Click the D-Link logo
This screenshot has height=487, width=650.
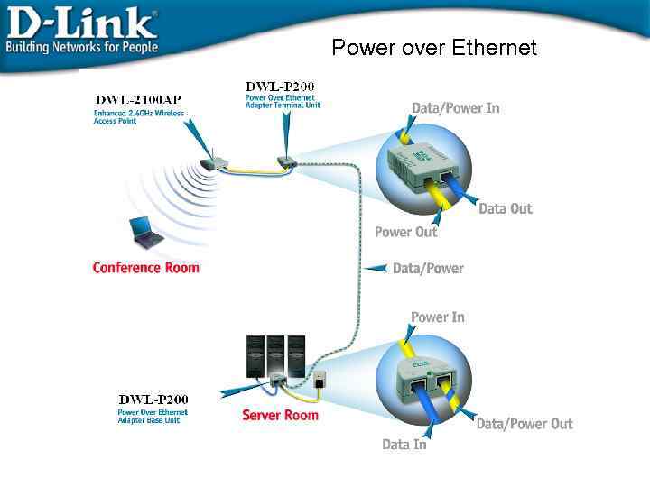(81, 20)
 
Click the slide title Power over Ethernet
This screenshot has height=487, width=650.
(434, 47)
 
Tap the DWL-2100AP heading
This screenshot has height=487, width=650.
(138, 98)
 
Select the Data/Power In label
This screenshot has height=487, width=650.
(455, 108)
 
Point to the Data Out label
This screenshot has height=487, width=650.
(505, 208)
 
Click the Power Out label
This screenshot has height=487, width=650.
(405, 232)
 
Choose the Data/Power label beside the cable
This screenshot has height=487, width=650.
(428, 268)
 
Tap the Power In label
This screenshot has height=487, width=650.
(437, 317)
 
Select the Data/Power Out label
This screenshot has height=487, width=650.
(524, 424)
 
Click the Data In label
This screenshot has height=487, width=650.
(404, 444)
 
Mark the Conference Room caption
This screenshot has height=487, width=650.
(145, 268)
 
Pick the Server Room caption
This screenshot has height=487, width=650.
(280, 415)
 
